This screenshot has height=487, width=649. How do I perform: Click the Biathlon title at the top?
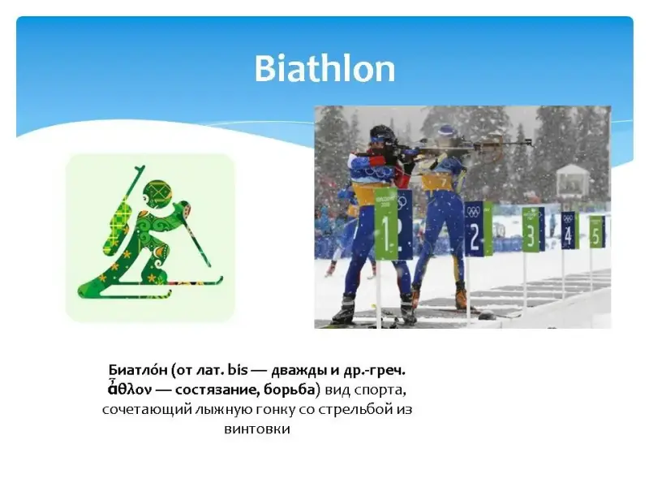pyautogui.click(x=325, y=68)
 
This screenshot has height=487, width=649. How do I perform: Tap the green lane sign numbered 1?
pyautogui.click(x=386, y=224)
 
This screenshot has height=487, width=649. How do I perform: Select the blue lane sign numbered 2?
pyautogui.click(x=475, y=229)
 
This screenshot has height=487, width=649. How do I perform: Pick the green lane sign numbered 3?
pyautogui.click(x=531, y=230)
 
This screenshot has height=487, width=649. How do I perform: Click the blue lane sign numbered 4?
pyautogui.click(x=568, y=231)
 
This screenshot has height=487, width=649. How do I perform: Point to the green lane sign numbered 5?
pyautogui.click(x=595, y=231)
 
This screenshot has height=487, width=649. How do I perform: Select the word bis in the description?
pyautogui.click(x=237, y=369)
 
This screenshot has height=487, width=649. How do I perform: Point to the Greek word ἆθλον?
pyautogui.click(x=129, y=389)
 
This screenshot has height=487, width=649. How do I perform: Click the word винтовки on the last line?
pyautogui.click(x=257, y=429)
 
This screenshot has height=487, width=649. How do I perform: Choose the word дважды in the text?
pyautogui.click(x=299, y=370)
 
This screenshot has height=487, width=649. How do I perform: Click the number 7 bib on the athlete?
pyautogui.click(x=440, y=182)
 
